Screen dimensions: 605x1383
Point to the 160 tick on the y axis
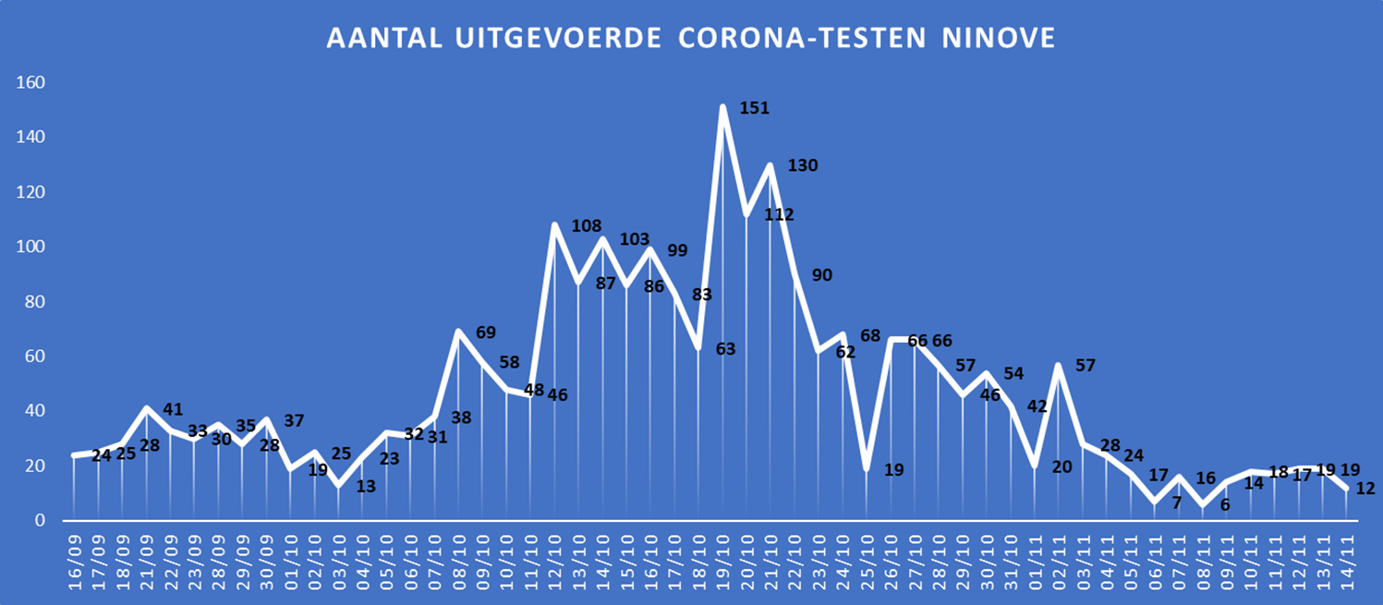tap(31, 83)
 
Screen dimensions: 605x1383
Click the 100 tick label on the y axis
tap(31, 248)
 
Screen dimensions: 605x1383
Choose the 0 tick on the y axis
tap(41, 521)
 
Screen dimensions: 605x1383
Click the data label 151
tap(755, 108)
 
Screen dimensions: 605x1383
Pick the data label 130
tap(803, 165)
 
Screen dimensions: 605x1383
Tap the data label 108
tap(587, 225)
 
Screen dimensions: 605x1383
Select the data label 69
tap(486, 332)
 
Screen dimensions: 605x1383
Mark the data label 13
tap(366, 486)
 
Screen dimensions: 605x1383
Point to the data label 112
tap(779, 214)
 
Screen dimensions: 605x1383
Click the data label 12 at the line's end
tap(1365, 489)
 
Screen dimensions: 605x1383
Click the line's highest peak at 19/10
tap(722, 107)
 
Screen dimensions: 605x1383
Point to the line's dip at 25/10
tap(867, 468)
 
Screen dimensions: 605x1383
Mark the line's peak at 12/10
tap(554, 224)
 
